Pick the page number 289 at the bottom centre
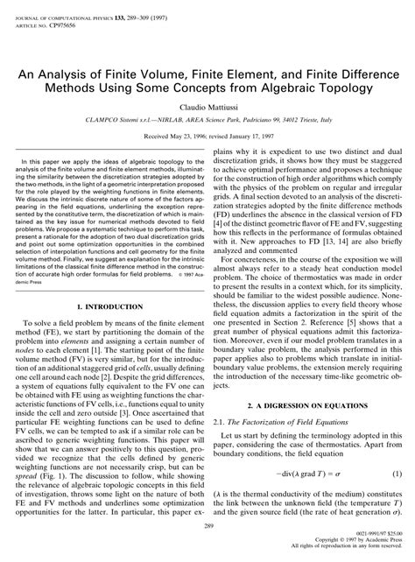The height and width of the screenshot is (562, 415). click(x=207, y=526)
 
